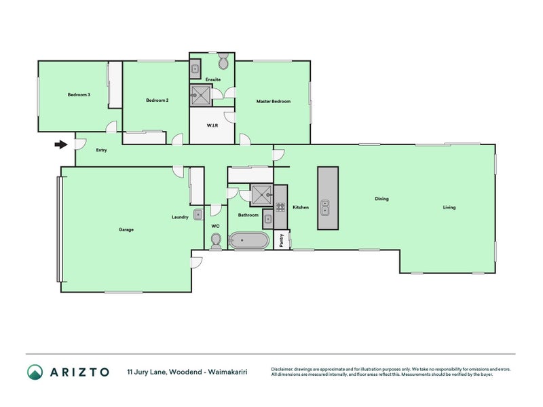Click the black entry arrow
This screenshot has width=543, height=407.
(61, 144)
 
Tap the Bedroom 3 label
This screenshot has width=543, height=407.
(79, 94)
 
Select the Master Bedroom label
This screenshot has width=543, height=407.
(274, 101)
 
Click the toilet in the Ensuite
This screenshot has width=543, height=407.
(223, 62)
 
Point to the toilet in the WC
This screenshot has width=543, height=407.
(216, 241)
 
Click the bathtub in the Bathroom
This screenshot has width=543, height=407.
(249, 240)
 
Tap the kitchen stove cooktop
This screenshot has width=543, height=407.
(280, 207)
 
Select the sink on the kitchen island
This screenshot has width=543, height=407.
(325, 208)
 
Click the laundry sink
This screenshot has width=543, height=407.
(198, 214)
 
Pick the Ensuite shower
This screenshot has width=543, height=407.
(200, 95)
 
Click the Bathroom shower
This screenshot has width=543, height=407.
(262, 195)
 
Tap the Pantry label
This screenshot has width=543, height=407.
(282, 240)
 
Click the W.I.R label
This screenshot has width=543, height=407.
(212, 125)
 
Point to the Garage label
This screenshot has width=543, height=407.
(126, 229)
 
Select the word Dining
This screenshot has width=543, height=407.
(381, 199)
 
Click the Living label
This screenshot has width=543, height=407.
(449, 208)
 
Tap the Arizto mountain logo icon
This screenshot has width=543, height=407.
(35, 372)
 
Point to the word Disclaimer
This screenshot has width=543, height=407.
(282, 369)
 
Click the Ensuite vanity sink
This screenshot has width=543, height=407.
(195, 69)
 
